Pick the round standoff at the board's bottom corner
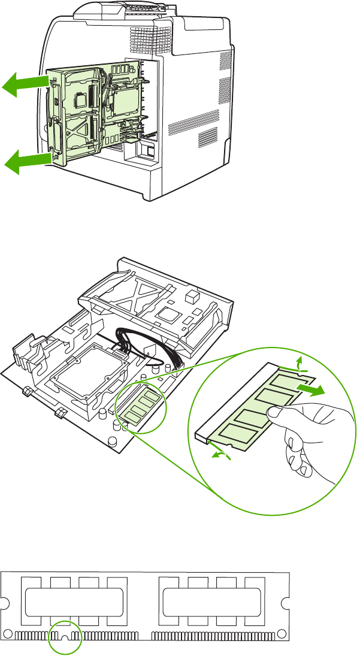tap(112, 442)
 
